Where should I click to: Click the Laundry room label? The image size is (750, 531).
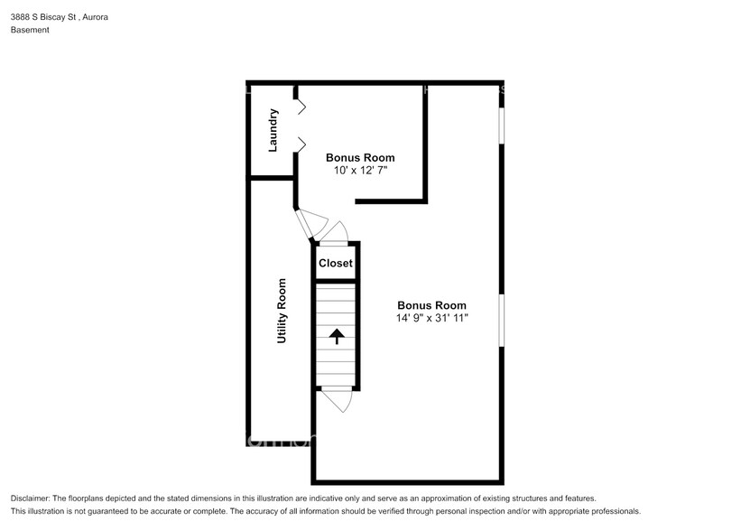[273, 129]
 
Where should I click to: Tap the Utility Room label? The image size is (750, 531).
[282, 311]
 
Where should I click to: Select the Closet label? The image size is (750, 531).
[336, 264]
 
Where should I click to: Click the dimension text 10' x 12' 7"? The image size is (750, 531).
[360, 171]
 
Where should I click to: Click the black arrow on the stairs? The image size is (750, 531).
[337, 337]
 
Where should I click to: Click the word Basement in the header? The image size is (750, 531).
[30, 30]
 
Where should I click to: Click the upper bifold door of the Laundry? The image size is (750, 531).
[301, 107]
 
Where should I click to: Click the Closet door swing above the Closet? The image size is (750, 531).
[337, 234]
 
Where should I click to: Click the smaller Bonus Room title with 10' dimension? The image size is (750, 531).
[360, 158]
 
